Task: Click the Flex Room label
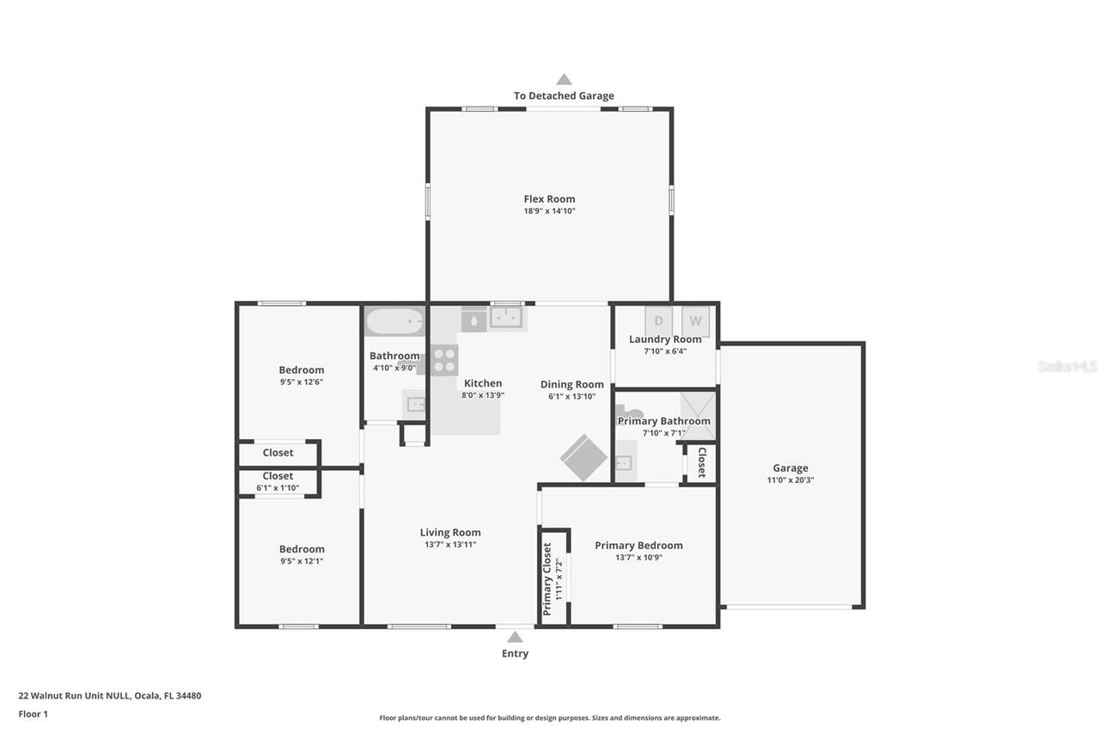pos(549,199)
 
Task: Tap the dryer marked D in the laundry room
pos(659,321)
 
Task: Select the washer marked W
pos(695,321)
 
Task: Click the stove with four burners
pos(443,359)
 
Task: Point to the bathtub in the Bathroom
pos(394,322)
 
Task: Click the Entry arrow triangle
pos(515,637)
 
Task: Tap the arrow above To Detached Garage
pos(564,79)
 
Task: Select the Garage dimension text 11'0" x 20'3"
pos(790,480)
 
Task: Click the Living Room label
pos(450,532)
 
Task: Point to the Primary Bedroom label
pos(639,545)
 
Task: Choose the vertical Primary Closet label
pos(547,578)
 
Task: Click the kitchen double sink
pos(507,319)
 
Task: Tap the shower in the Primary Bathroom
pos(698,416)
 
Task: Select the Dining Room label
pos(571,384)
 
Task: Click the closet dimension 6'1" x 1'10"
pos(278,487)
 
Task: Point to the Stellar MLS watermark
pos(1067,366)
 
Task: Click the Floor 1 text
pos(34,713)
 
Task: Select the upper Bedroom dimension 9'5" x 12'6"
pos(302,382)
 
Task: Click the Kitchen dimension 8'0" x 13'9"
pos(483,395)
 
